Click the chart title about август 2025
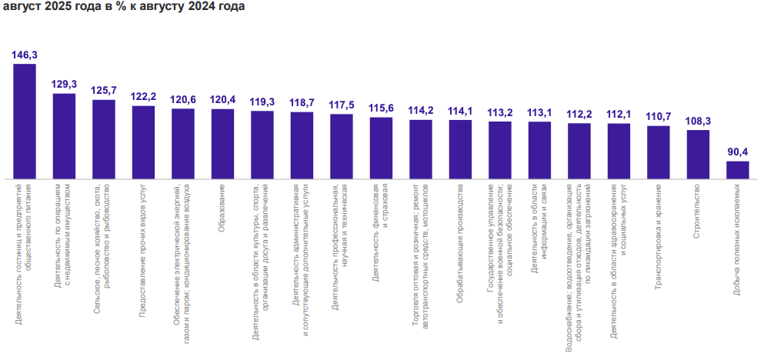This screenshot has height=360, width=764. (x=125, y=8)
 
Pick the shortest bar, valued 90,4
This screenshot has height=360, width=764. (x=737, y=169)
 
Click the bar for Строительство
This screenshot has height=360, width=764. (x=698, y=154)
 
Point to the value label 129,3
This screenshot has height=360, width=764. (x=64, y=84)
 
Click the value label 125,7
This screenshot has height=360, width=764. (x=104, y=90)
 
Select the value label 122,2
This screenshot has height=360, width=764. (x=143, y=96)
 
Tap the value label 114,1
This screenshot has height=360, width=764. (x=460, y=110)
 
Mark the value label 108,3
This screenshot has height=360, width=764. (x=698, y=121)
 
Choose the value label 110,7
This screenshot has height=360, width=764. (x=659, y=116)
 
